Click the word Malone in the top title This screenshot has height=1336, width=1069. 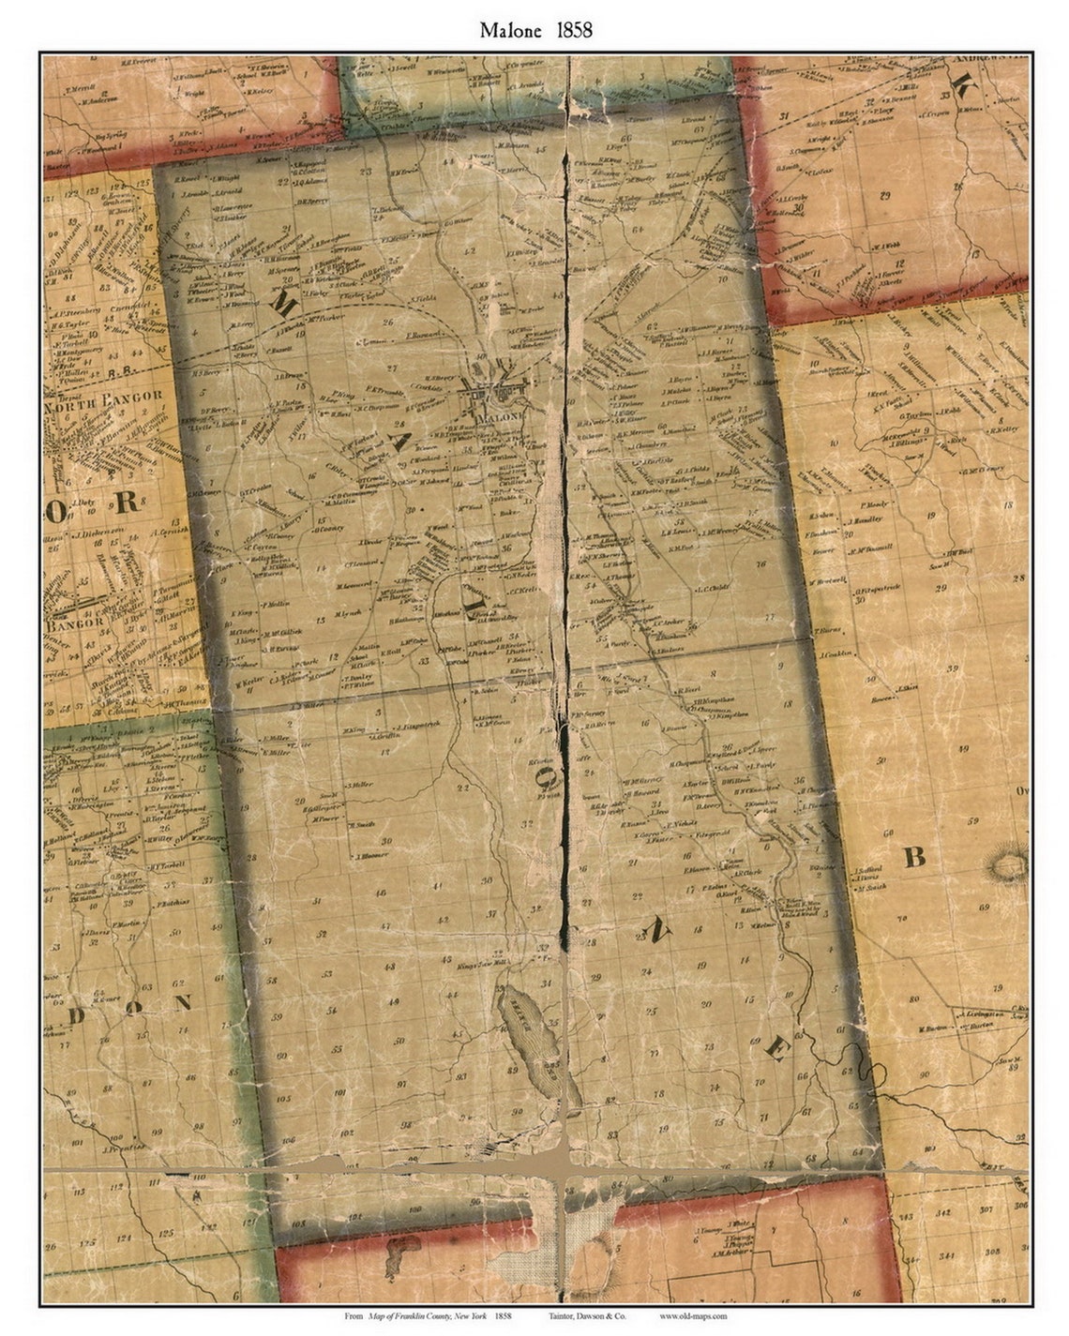pos(509,30)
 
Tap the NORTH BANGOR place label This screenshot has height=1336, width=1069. pos(105,396)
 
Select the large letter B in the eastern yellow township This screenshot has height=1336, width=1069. pos(914,855)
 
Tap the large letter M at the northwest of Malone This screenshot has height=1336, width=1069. pos(281,302)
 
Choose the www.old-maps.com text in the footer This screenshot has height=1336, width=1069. pos(693,1317)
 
